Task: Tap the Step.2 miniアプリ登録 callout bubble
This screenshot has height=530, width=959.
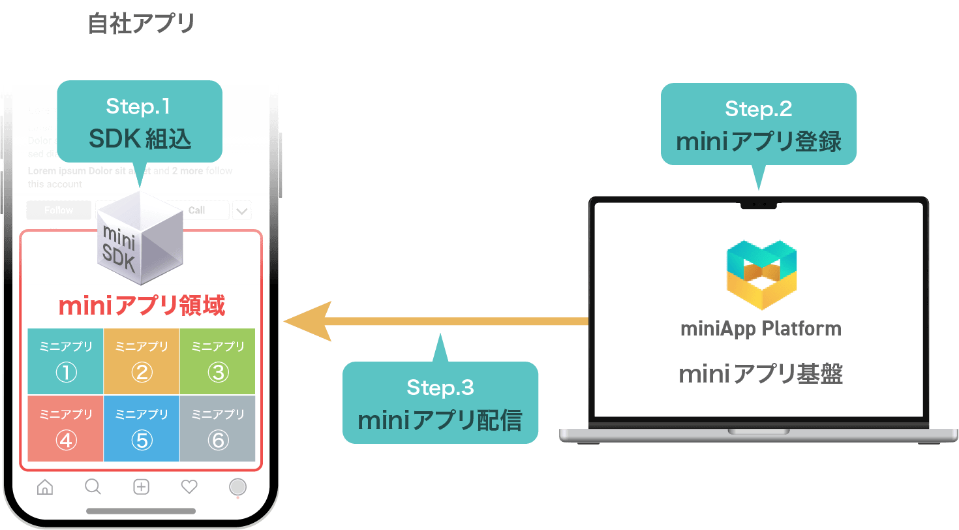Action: [758, 124]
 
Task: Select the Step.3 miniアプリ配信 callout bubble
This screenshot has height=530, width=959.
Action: [440, 403]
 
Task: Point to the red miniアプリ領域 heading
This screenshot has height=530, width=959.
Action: [142, 306]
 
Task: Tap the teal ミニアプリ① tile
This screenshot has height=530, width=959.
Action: [65, 362]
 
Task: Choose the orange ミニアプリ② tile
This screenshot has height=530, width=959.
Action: [142, 362]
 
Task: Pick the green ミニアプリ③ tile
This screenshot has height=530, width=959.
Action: [217, 362]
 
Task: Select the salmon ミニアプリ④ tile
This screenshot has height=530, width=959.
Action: [65, 428]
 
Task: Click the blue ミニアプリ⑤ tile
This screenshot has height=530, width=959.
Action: [142, 428]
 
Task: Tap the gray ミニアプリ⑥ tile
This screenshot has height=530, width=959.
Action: [217, 428]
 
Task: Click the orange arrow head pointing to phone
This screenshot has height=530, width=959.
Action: [307, 321]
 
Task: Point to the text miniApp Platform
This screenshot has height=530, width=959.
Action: [761, 328]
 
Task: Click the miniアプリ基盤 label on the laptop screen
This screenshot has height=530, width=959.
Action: [761, 374]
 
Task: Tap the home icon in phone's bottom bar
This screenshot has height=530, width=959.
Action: [45, 487]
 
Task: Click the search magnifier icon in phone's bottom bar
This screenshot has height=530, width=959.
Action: [93, 487]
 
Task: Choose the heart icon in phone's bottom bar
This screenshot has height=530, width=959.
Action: [189, 487]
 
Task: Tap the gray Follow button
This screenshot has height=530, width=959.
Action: [59, 210]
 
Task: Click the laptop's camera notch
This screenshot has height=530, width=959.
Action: [759, 204]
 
